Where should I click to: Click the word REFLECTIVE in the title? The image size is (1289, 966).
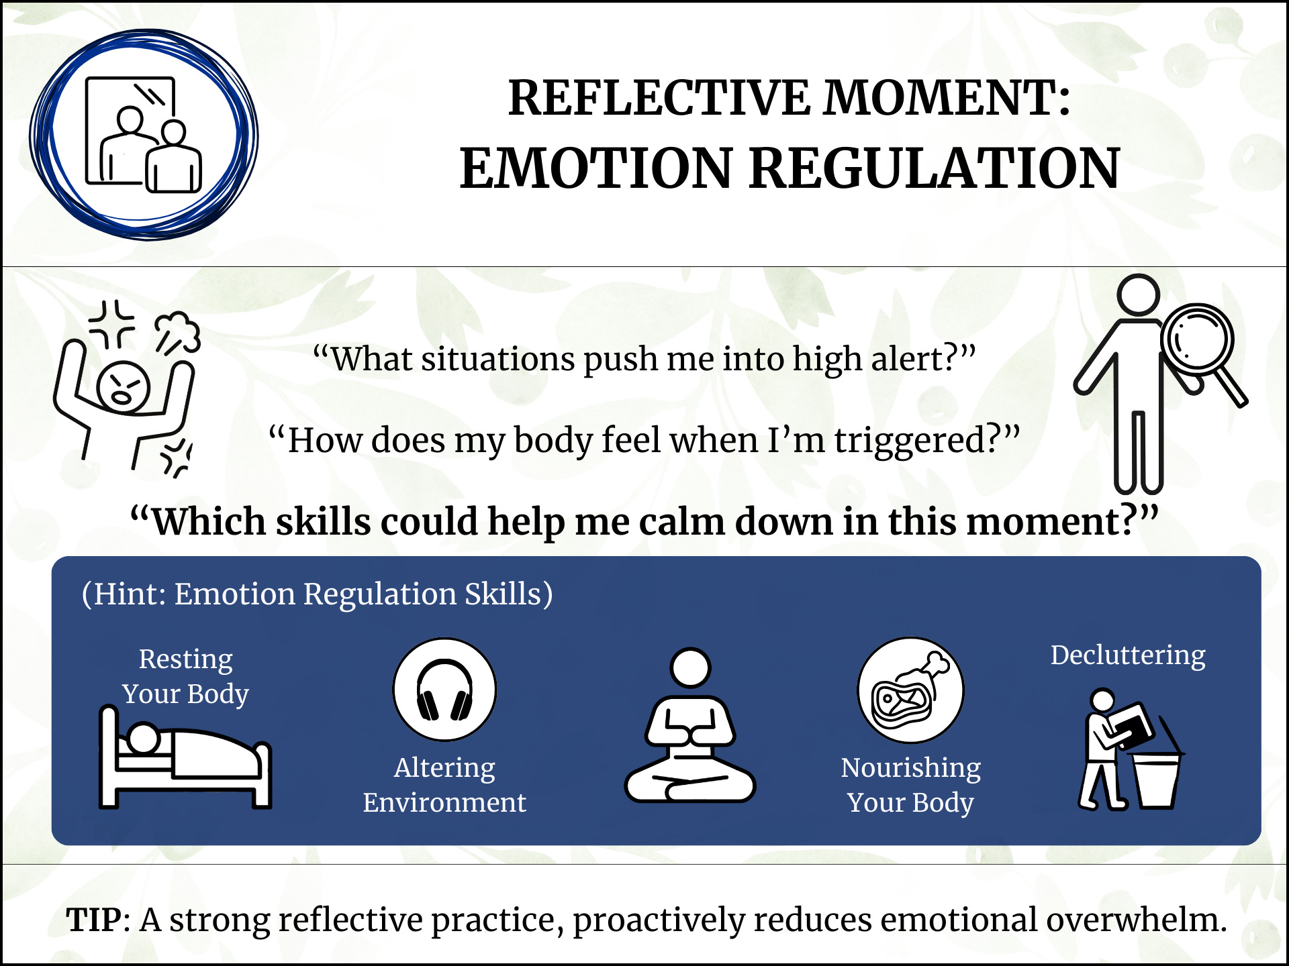coord(659,98)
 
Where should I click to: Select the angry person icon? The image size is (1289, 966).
coord(124,389)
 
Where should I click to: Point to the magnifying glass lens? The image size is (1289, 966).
coord(1198,339)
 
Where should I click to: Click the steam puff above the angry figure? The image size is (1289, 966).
coord(179,331)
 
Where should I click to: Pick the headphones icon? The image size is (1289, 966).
coord(444,690)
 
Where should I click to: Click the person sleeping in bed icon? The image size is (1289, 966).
coord(185,758)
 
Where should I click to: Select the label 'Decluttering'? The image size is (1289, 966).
coord(1128,655)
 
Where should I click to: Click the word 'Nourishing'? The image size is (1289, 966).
coord(910,767)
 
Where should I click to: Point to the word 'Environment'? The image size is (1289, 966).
coord(444,802)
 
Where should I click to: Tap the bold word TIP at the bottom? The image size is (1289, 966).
coord(94,920)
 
